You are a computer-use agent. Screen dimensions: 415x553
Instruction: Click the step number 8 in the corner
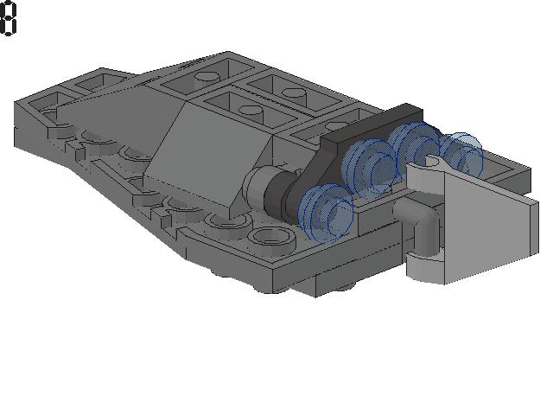tap(9, 19)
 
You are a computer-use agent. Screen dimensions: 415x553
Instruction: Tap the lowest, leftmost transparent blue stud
tap(326, 213)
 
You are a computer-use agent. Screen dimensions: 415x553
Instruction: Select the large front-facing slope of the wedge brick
tap(207, 160)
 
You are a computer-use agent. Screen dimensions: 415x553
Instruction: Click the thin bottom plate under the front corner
tap(346, 281)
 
